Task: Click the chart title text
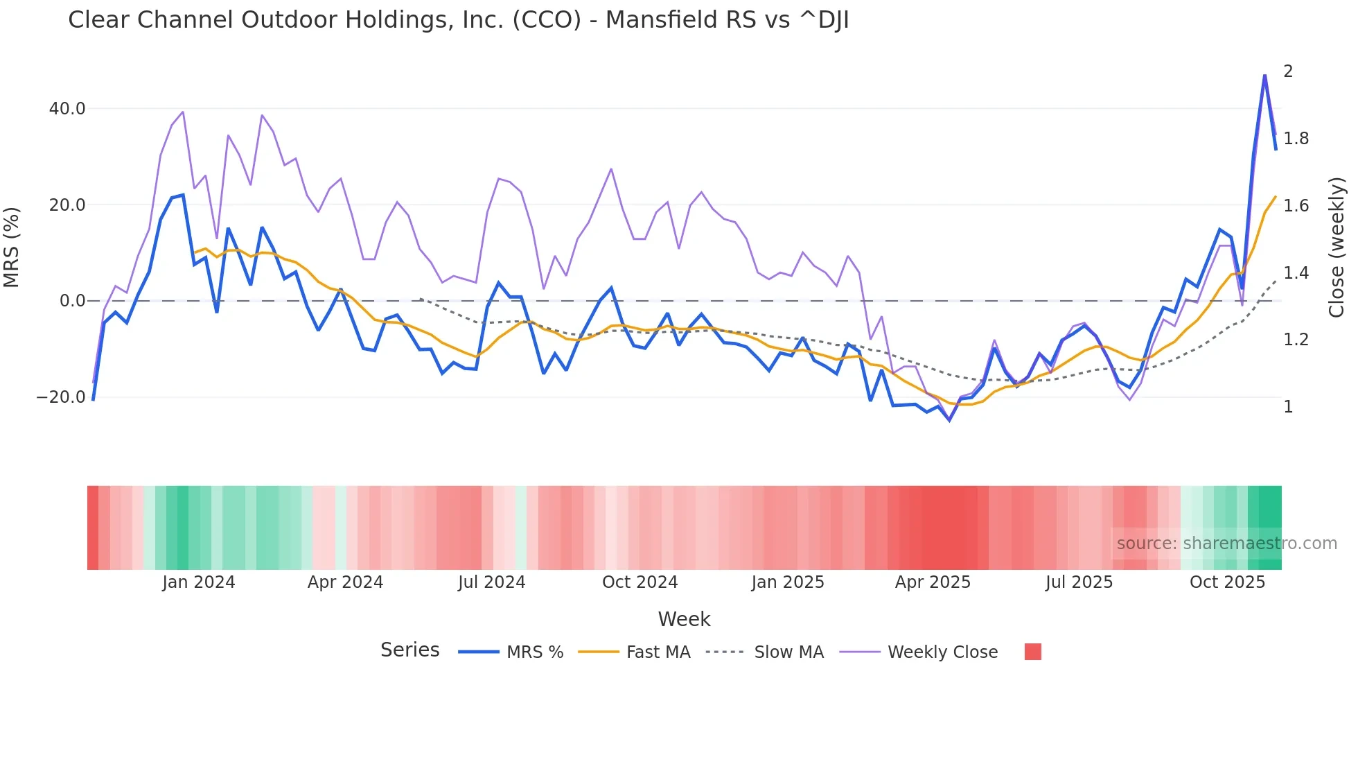pos(458,20)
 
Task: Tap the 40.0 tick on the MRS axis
pos(67,109)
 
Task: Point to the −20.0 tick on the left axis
pos(61,397)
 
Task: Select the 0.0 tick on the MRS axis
pos(73,301)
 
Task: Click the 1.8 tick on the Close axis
pos(1296,139)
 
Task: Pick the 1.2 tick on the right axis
pos(1296,340)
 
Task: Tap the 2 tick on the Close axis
pos(1288,71)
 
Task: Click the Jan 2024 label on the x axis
pos(199,582)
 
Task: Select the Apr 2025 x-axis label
pos(933,582)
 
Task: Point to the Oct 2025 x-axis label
pos(1227,582)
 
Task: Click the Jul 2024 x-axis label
pos(491,582)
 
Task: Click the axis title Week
pos(684,619)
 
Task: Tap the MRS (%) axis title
pos(12,247)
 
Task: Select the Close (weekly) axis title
pos(1337,248)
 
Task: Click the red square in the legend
pos(1032,652)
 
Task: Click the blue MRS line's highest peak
pos(1264,75)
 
